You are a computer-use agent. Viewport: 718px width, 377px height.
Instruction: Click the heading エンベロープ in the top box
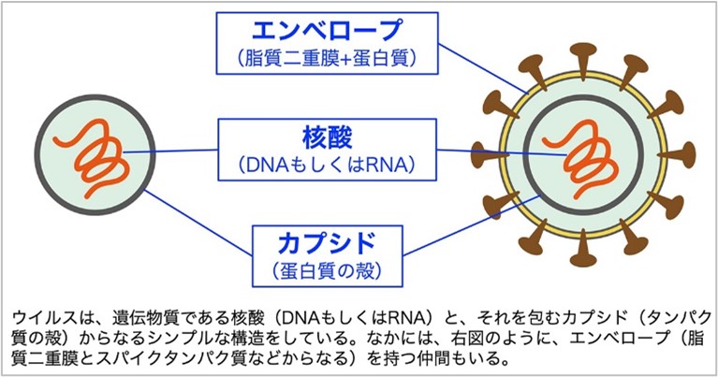point(327,31)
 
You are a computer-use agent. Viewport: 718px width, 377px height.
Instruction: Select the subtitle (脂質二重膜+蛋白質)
point(327,59)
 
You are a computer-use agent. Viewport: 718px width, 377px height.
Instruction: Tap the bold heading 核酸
point(327,138)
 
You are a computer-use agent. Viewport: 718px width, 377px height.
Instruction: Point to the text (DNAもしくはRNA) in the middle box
point(327,165)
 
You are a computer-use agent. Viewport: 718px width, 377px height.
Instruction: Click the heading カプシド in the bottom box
point(327,244)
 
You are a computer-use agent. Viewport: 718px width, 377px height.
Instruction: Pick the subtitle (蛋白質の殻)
point(327,271)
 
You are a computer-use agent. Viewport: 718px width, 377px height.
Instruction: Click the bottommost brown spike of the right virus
point(583,251)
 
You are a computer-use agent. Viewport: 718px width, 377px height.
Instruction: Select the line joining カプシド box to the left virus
point(198,223)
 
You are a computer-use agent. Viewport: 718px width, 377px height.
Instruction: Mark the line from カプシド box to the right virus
point(472,225)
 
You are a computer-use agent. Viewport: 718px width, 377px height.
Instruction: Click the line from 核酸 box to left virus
point(170,151)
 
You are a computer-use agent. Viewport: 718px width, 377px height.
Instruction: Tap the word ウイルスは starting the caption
point(42,317)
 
